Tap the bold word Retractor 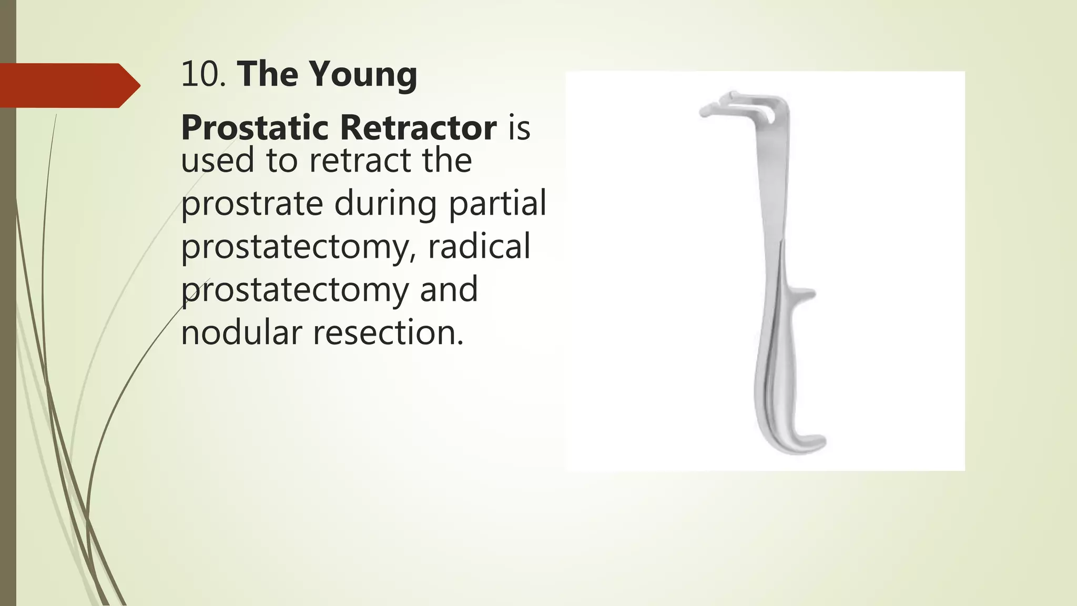click(x=418, y=127)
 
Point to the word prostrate click(x=252, y=204)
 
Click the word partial click(x=497, y=204)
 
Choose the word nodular click(x=241, y=332)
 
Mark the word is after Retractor click(x=519, y=127)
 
